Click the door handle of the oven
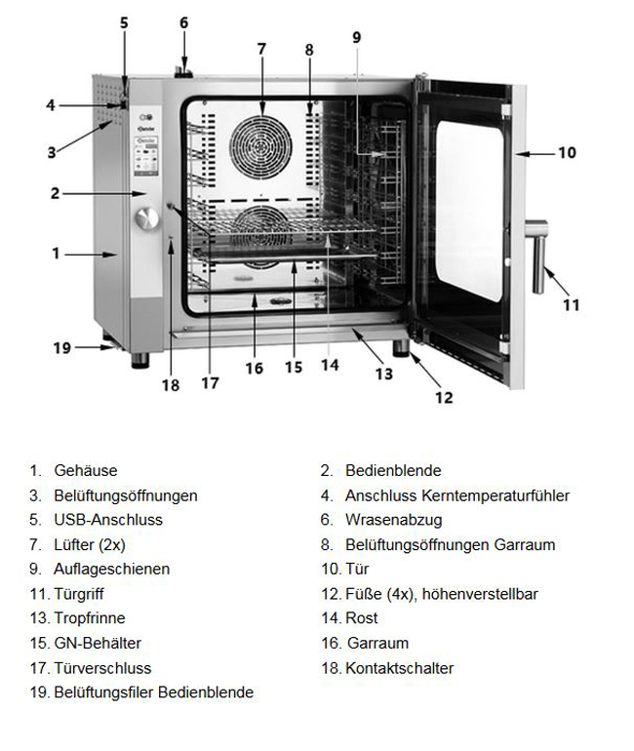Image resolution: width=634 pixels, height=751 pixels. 537,255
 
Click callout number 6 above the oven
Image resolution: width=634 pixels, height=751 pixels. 183,22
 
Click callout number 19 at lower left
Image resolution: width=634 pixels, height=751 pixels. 61,346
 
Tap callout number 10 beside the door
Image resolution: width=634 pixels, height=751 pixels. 567,152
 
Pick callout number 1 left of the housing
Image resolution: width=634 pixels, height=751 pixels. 56,254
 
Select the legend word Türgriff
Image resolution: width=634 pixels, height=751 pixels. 79,594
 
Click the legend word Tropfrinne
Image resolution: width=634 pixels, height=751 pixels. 90,618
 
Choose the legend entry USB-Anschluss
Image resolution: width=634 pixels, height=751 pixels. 108,520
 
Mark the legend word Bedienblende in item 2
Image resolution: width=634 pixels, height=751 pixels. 393,471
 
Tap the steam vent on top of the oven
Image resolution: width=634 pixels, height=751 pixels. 180,69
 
